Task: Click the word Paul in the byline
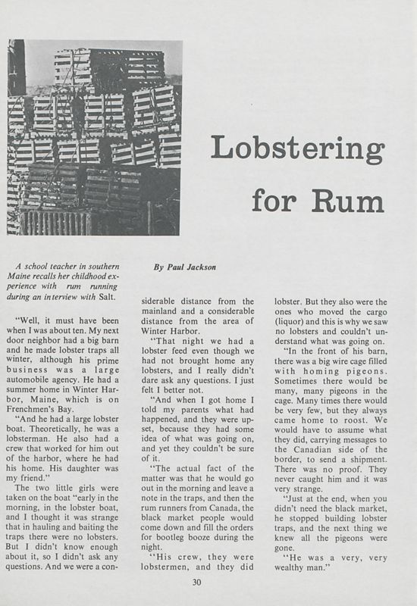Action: tap(171, 267)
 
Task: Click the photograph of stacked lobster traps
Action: tap(94, 136)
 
